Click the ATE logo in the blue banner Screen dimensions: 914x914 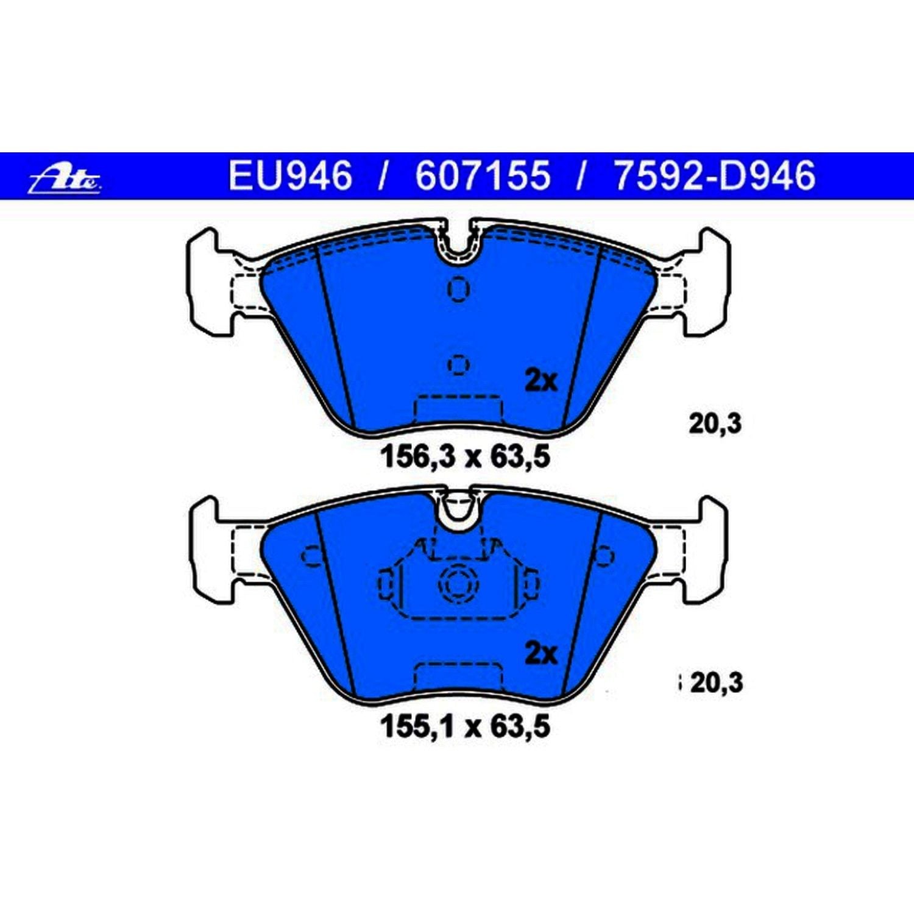tap(65, 180)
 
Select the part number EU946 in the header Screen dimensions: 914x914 tap(290, 175)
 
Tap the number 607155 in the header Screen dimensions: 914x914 tap(483, 175)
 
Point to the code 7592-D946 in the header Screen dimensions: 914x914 tap(715, 175)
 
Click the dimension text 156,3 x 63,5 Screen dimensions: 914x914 tap(465, 457)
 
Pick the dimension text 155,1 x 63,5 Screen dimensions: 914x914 tap(465, 727)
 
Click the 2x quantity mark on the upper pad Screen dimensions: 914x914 tap(541, 381)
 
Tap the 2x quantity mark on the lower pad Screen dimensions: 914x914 tap(541, 653)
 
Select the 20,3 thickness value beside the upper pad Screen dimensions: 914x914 tap(715, 423)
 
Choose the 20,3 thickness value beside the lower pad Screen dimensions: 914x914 tap(717, 682)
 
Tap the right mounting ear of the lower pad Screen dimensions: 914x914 tap(709, 548)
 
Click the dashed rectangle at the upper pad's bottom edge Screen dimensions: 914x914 tap(458, 409)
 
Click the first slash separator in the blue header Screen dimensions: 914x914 tap(383, 175)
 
